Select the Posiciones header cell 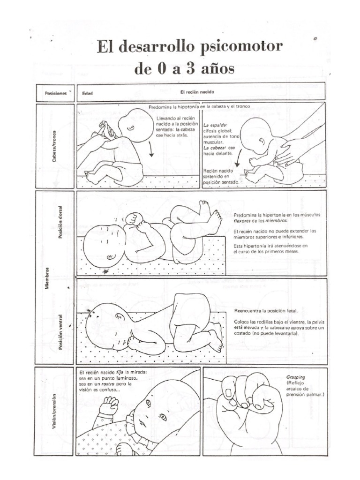pyautogui.click(x=55, y=93)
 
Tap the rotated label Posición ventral pyautogui.click(x=61, y=334)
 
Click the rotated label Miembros pyautogui.click(x=47, y=278)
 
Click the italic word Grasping pyautogui.click(x=295, y=376)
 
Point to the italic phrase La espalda pyautogui.click(x=216, y=126)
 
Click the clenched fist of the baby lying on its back pyautogui.click(x=132, y=219)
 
